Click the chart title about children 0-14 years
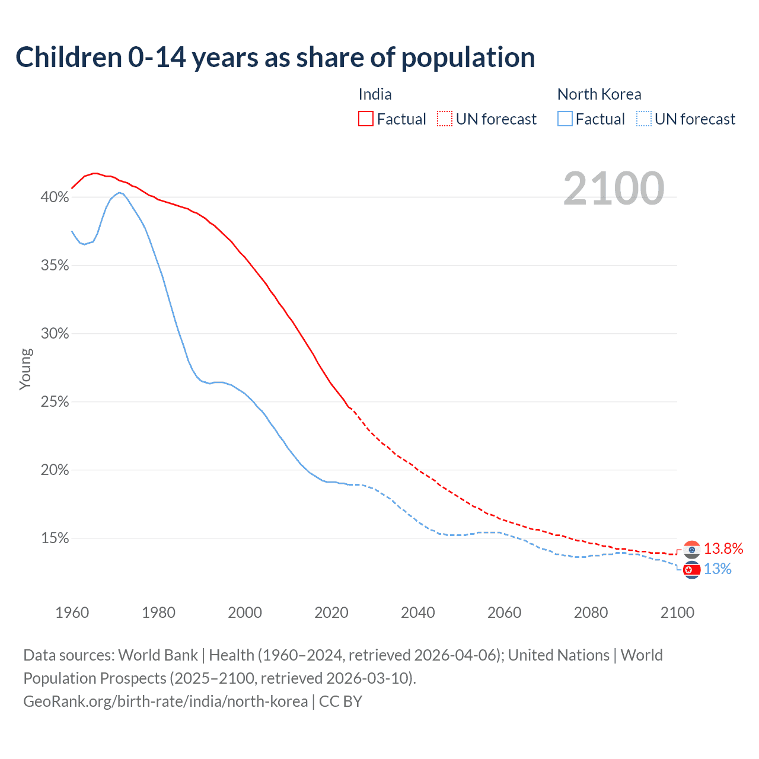(275, 58)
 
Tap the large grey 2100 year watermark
(614, 189)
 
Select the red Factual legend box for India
(366, 119)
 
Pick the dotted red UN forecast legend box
(445, 119)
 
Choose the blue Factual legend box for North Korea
(565, 119)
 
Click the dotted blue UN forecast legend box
(644, 119)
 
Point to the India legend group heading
(375, 94)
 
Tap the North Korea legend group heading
(599, 94)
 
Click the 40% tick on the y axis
(55, 197)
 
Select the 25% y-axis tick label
(55, 402)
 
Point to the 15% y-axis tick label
(55, 538)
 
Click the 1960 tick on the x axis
(72, 613)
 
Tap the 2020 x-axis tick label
(331, 613)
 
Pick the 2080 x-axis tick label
(591, 613)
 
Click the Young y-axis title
(25, 369)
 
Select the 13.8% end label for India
(723, 548)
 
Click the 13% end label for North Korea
(717, 569)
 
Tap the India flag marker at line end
(691, 550)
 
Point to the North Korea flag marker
(691, 570)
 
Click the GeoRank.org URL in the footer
(165, 701)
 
